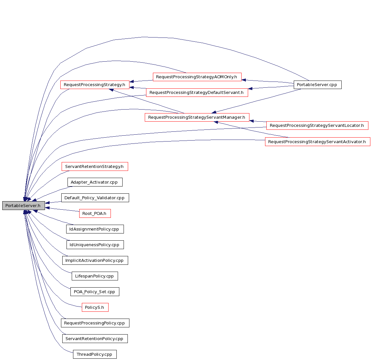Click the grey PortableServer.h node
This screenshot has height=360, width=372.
pyautogui.click(x=23, y=205)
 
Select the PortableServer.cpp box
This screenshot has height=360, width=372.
pyautogui.click(x=318, y=85)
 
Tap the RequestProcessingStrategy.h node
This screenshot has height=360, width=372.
pyautogui.click(x=95, y=85)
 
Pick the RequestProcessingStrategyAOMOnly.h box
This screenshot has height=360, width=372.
pyautogui.click(x=197, y=77)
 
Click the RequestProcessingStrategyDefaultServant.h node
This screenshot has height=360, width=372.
pyautogui.click(x=197, y=93)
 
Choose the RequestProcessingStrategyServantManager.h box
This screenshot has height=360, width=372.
pyautogui.click(x=197, y=117)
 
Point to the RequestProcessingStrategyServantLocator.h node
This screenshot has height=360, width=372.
pyautogui.click(x=317, y=125)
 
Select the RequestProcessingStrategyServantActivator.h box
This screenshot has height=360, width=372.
pyautogui.click(x=318, y=142)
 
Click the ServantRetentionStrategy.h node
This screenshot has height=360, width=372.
pyautogui.click(x=95, y=166)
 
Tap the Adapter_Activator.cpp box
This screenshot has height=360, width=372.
pyautogui.click(x=95, y=182)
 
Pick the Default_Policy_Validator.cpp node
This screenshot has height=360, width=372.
pyautogui.click(x=95, y=198)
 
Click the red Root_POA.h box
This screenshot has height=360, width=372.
pyautogui.click(x=95, y=213)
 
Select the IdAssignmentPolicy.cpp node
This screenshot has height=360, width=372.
pyautogui.click(x=95, y=229)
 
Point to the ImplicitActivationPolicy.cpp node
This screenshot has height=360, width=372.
pyautogui.click(x=95, y=260)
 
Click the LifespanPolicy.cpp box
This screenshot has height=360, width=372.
pyautogui.click(x=95, y=276)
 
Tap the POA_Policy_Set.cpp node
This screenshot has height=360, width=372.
pyautogui.click(x=95, y=292)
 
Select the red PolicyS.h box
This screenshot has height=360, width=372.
pyautogui.click(x=95, y=307)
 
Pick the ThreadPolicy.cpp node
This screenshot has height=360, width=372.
pyautogui.click(x=95, y=354)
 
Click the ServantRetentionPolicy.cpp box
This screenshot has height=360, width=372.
pyautogui.click(x=95, y=339)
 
